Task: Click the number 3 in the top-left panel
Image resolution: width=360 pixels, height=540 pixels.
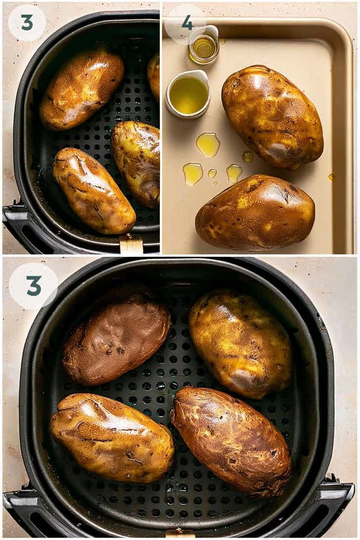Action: pos(27,22)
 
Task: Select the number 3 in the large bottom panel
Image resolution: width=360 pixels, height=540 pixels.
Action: pos(34,286)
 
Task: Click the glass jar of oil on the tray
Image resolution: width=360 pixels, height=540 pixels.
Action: pos(203,45)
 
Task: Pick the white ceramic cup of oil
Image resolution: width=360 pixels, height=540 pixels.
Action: pos(187,94)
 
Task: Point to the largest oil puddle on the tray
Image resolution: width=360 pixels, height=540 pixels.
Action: pos(208,145)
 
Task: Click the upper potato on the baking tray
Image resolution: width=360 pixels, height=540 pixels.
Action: pos(272,117)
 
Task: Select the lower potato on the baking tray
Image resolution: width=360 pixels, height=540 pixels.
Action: pos(255,212)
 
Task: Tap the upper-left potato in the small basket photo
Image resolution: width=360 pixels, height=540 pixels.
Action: pos(82,88)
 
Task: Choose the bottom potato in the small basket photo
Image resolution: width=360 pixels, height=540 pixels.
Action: pos(94,190)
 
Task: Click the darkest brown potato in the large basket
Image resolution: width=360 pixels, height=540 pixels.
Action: pos(117,343)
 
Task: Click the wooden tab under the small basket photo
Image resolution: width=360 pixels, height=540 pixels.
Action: pos(131,244)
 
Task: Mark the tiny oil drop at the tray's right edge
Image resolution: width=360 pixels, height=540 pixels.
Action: pos(331,178)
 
